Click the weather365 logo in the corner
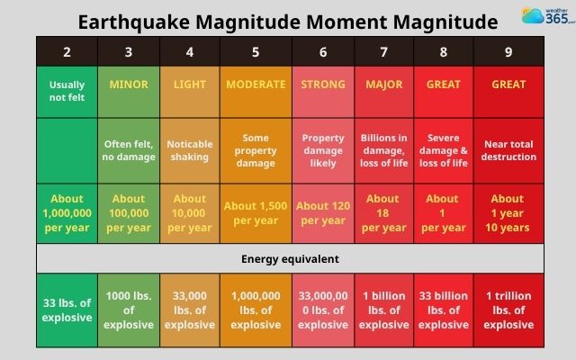tap(545, 16)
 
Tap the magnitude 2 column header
tap(67, 52)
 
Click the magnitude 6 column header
tap(323, 52)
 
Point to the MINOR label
tap(129, 85)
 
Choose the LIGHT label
tap(190, 85)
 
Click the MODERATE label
tap(255, 85)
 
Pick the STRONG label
tap(323, 85)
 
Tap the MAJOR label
tap(383, 85)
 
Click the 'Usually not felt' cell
tap(67, 91)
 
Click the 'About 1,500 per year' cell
tap(255, 212)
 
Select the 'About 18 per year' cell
tap(383, 212)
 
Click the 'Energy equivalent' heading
tap(289, 259)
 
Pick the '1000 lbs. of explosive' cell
tap(129, 310)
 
